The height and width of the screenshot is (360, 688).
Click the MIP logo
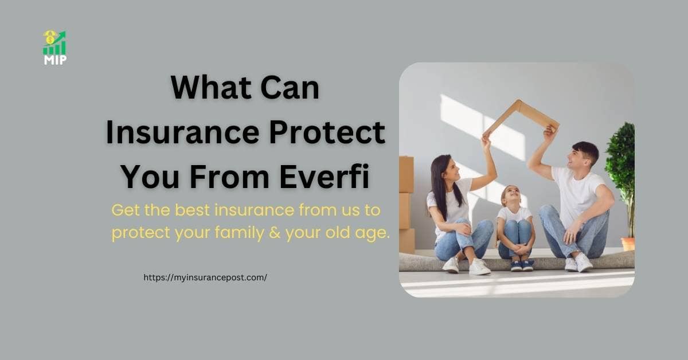pyautogui.click(x=54, y=48)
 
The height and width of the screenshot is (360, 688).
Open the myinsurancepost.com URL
pyautogui.click(x=205, y=277)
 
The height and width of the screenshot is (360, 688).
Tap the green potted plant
pyautogui.click(x=621, y=166)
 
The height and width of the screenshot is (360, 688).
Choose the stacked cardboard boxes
pyautogui.click(x=406, y=204)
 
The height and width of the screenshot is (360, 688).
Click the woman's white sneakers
pyautogui.click(x=466, y=265)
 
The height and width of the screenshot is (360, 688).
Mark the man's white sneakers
pyautogui.click(x=578, y=263)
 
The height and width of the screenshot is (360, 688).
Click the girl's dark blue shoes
pyautogui.click(x=522, y=265)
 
